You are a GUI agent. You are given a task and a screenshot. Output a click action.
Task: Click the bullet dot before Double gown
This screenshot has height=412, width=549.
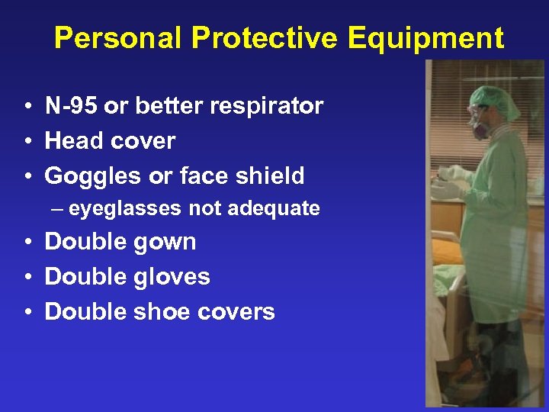coord(26,243)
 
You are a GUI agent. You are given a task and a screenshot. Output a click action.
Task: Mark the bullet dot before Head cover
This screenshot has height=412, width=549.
coord(26,141)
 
